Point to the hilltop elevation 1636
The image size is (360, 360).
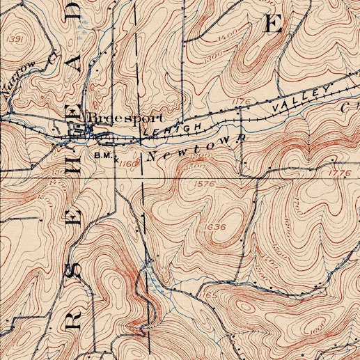tap(217, 226)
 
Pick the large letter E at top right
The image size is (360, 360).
tap(273, 24)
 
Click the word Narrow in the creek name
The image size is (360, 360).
tap(17, 77)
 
